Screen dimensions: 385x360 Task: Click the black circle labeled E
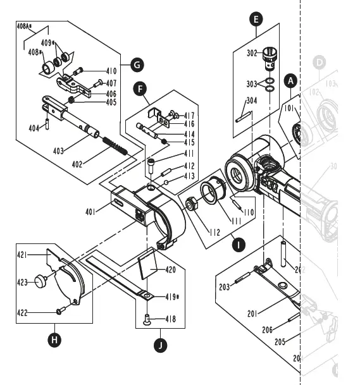[256, 19]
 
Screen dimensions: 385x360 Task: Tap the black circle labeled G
[137, 64]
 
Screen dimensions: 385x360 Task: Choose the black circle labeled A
[290, 81]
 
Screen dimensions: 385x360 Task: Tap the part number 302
[252, 54]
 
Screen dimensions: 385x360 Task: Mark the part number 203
[224, 286]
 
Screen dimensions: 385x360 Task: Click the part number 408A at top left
[25, 27]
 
